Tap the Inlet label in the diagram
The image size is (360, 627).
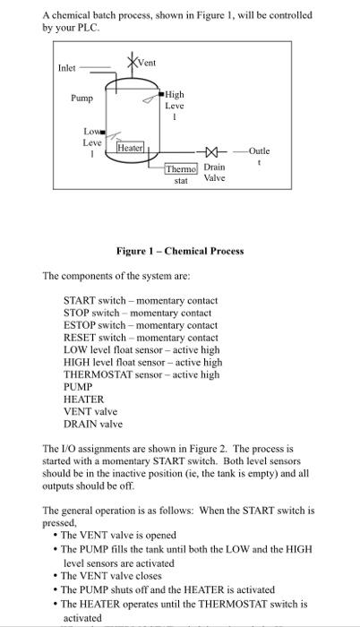tap(67, 68)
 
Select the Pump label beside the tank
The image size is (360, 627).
tap(83, 99)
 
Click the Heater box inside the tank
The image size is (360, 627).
tap(131, 147)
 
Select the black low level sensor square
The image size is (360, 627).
tap(104, 133)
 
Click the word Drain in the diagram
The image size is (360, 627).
tap(214, 167)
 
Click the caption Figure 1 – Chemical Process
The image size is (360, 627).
tap(179, 251)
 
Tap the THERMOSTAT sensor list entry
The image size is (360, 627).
tap(141, 374)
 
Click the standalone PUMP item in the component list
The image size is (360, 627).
tap(79, 387)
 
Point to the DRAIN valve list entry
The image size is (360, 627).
tap(92, 424)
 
